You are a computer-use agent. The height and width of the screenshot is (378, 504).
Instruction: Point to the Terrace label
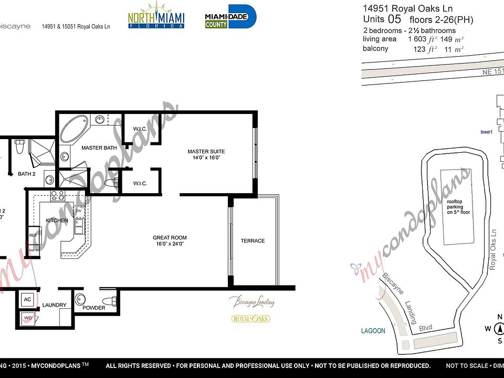(x=253, y=241)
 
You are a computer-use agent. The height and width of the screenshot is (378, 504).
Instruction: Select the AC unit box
(x=27, y=299)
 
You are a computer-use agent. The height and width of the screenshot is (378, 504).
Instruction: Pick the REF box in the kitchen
(x=33, y=235)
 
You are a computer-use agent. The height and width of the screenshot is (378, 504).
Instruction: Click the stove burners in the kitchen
(x=57, y=196)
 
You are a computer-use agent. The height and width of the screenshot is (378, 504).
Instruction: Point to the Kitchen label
(x=57, y=220)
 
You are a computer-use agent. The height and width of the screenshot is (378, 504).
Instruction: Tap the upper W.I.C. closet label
(x=140, y=128)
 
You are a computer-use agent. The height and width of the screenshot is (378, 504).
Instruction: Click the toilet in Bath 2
(x=20, y=147)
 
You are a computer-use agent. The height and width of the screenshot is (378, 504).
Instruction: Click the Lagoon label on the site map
(x=373, y=331)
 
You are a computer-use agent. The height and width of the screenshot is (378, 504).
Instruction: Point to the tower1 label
(x=487, y=132)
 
